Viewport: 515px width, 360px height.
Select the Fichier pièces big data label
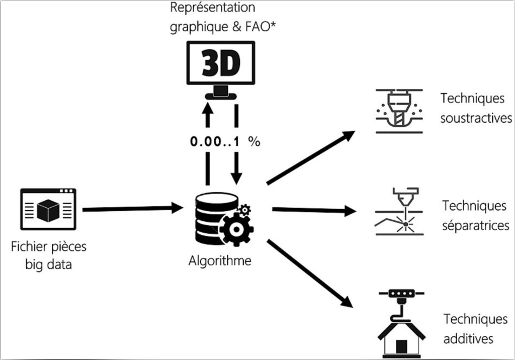coord(49,255)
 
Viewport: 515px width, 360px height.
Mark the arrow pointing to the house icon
coord(308,273)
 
